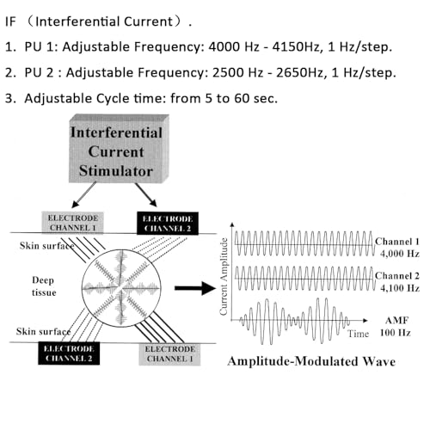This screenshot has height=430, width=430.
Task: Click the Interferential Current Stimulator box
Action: (119, 149)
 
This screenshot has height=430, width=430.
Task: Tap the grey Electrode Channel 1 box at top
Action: (72, 223)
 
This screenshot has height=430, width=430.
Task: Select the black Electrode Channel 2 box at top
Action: (168, 224)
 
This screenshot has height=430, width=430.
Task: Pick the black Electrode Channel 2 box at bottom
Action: (69, 353)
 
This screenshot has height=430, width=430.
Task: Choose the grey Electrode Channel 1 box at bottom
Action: (169, 354)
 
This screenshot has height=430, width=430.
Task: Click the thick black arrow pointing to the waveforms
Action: (195, 288)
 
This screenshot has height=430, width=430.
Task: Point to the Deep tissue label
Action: (44, 286)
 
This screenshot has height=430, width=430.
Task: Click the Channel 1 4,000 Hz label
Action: (397, 248)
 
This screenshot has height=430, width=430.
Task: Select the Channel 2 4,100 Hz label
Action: (397, 282)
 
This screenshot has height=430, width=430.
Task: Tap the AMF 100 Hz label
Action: (396, 327)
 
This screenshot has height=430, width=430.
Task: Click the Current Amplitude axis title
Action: (224, 277)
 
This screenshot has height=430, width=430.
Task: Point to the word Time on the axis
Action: (358, 334)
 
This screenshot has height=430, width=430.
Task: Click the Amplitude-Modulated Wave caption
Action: (311, 361)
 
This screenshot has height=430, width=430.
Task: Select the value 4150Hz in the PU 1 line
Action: (296, 46)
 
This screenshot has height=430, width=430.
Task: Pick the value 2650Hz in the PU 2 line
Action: (299, 72)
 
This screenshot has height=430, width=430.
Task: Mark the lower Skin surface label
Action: (43, 331)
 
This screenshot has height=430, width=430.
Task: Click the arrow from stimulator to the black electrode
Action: (146, 195)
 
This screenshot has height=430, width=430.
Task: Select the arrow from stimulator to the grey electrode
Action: (83, 195)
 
